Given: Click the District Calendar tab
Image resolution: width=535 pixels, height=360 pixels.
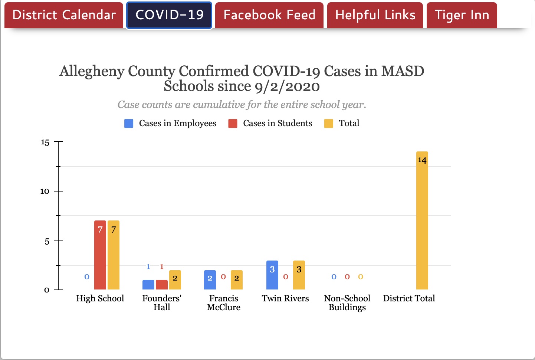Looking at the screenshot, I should pos(64,15).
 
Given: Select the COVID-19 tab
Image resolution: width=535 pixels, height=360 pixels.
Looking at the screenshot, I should pos(169,15).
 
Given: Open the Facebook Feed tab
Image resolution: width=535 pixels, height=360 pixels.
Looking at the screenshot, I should pos(269,15).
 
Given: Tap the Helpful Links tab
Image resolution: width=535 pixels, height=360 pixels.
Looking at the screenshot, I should pos(375,15).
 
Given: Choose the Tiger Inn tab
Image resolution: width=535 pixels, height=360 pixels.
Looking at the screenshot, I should pos(462,15).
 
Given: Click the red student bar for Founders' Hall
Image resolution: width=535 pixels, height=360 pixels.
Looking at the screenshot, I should pos(162,285).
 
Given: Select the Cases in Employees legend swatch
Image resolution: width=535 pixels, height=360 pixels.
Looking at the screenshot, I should pos(129,124).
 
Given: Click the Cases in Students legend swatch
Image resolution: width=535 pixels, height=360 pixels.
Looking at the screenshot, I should pos(233,124).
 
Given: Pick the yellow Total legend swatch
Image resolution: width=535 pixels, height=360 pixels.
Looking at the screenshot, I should pos(329,124).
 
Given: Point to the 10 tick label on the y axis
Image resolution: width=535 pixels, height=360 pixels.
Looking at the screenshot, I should pos(45,191).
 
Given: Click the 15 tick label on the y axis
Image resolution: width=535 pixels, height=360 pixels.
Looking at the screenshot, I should pos(45,143).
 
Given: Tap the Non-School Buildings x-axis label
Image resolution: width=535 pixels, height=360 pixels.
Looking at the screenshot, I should pos(347,303).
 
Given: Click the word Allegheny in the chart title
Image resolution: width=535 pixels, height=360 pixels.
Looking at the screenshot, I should pos(92,71).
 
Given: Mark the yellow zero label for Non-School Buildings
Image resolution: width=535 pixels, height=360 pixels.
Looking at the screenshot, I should pos(361,277).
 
